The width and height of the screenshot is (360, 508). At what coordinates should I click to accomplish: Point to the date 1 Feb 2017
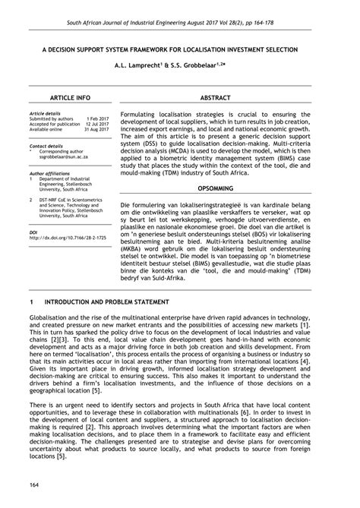tap(97, 119)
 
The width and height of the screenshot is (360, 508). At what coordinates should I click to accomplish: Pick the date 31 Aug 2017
tap(95, 130)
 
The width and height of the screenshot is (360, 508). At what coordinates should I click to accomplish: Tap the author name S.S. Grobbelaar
tap(207, 66)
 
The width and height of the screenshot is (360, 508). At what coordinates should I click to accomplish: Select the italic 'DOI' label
tap(33, 232)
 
